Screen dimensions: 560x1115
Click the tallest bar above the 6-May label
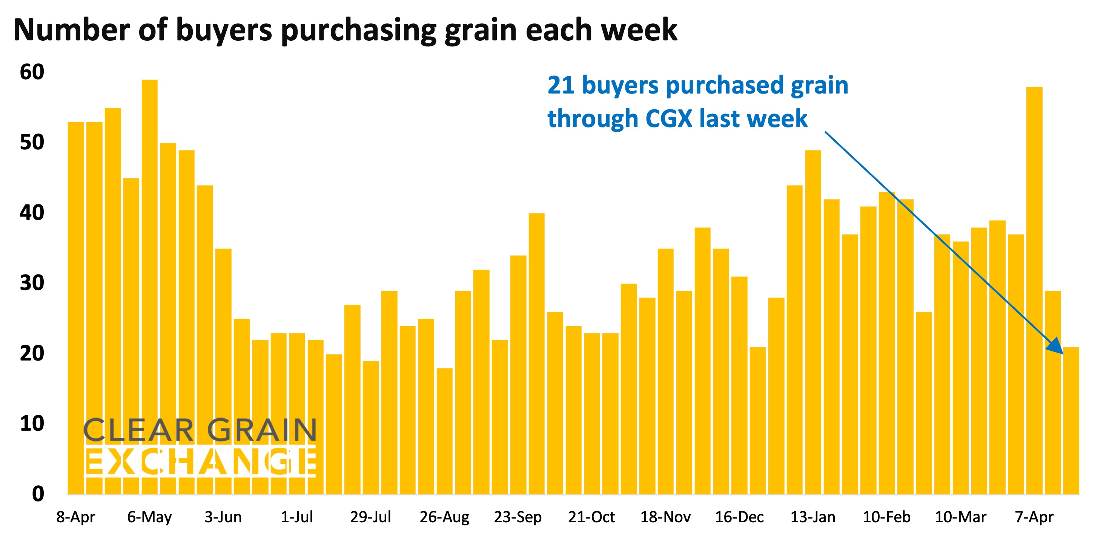click(x=150, y=285)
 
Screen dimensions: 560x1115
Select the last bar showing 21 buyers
click(x=1071, y=420)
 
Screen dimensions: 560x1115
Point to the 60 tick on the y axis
click(x=32, y=72)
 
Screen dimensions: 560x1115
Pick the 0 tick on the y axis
click(x=38, y=494)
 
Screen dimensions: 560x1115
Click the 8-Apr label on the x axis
click(x=76, y=517)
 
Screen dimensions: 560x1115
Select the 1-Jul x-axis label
click(x=297, y=517)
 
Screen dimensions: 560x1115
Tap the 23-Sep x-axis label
click(x=518, y=517)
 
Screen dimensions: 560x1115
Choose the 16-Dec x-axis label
click(x=739, y=517)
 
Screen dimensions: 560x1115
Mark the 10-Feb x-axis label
click(x=886, y=517)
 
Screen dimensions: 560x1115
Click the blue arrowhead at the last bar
click(x=1056, y=346)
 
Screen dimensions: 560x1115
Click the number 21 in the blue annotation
click(x=561, y=85)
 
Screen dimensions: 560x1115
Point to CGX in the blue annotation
click(x=669, y=118)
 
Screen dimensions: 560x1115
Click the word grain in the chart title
click(x=481, y=30)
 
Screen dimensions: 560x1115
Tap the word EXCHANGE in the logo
click(x=200, y=462)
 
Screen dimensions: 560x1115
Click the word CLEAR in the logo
click(x=138, y=431)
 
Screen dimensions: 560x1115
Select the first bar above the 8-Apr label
click(x=76, y=307)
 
